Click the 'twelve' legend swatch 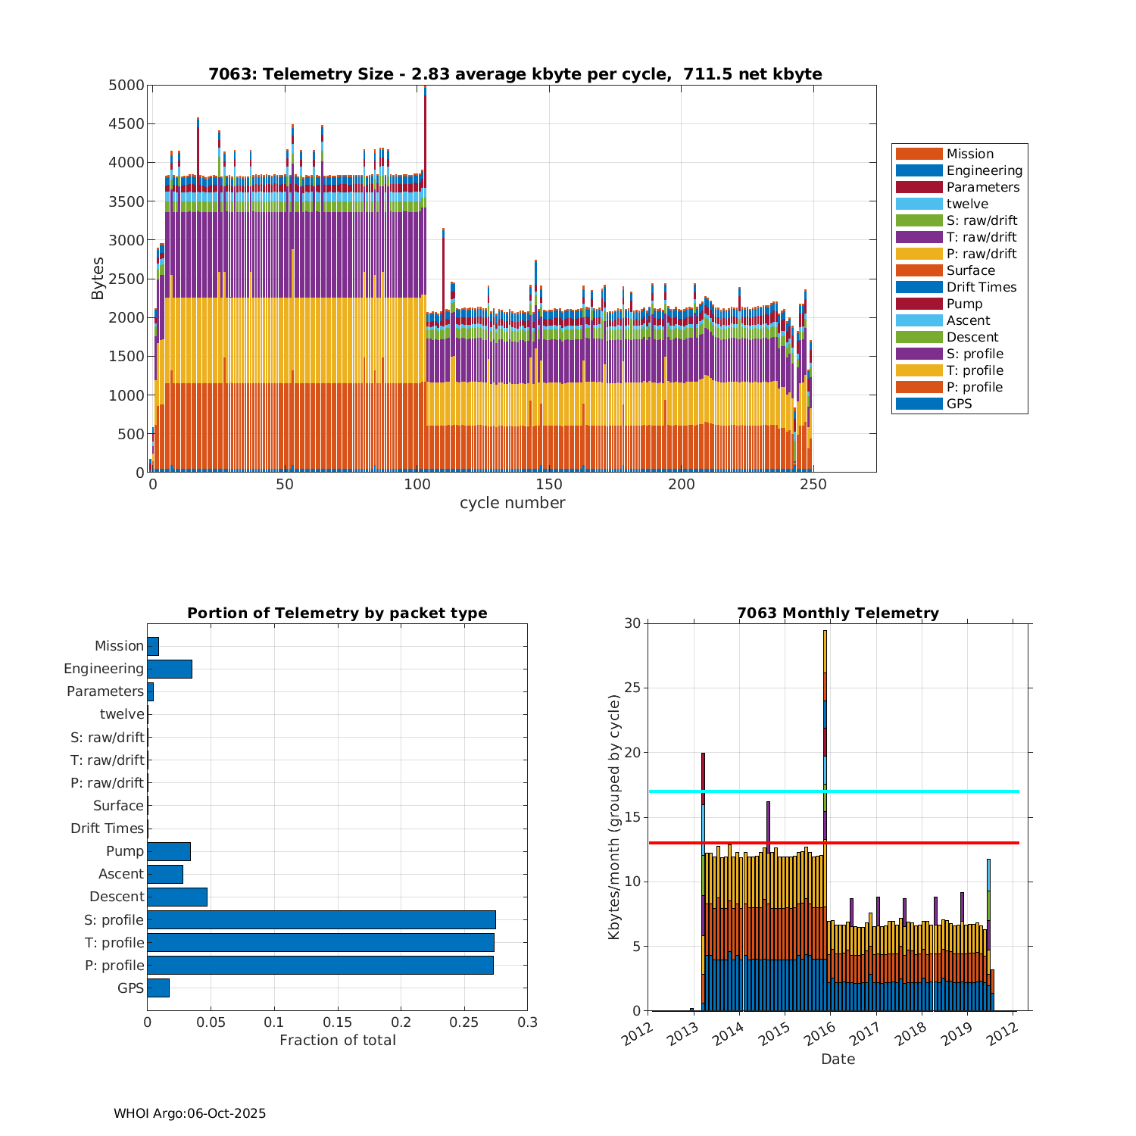pyautogui.click(x=919, y=204)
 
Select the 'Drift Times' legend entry pyautogui.click(x=981, y=287)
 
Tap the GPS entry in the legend pyautogui.click(x=959, y=404)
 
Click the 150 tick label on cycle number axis pyautogui.click(x=548, y=485)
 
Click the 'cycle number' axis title pyautogui.click(x=512, y=503)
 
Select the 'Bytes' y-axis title pyautogui.click(x=98, y=279)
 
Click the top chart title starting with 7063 pyautogui.click(x=515, y=74)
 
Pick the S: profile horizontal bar pyautogui.click(x=321, y=919)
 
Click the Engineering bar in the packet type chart pyautogui.click(x=170, y=669)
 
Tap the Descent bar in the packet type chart pyautogui.click(x=177, y=897)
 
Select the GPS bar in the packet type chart pyautogui.click(x=158, y=988)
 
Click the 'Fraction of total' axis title pyautogui.click(x=338, y=1041)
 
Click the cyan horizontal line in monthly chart pyautogui.click(x=909, y=791)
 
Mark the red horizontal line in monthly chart pyautogui.click(x=909, y=843)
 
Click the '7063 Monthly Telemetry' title pyautogui.click(x=838, y=613)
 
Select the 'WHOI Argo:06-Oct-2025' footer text pyautogui.click(x=189, y=1113)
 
